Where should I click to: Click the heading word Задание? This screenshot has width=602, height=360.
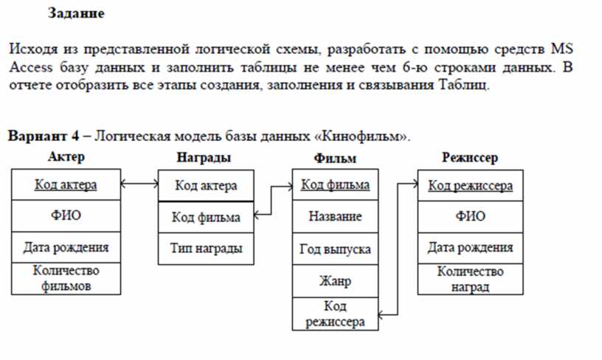point(76,13)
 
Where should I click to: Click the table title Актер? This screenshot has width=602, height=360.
point(66,156)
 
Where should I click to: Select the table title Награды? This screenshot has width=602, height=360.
point(204,157)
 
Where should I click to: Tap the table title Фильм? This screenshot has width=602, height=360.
point(335,158)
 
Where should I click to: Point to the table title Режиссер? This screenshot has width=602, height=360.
point(470,157)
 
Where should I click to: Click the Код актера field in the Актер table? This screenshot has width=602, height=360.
point(66,184)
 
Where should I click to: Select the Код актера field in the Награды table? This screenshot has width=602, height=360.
point(206,186)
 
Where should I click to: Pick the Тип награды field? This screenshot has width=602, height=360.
point(206,249)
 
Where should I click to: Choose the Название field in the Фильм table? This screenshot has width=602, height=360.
point(335,216)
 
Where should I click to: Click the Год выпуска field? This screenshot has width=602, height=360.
point(335,249)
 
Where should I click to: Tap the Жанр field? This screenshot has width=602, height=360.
point(335,281)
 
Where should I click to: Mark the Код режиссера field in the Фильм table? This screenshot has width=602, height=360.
point(335,314)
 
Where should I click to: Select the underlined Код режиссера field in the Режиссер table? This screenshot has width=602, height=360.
point(471,186)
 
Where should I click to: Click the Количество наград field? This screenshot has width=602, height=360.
point(471,279)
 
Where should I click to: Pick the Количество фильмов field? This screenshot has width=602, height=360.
point(66,278)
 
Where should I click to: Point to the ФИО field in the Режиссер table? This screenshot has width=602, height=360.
point(471,216)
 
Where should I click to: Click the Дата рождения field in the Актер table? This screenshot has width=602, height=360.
point(66,247)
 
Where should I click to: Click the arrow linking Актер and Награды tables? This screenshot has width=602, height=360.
point(139,184)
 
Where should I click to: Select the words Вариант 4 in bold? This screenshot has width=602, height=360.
point(44,136)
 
